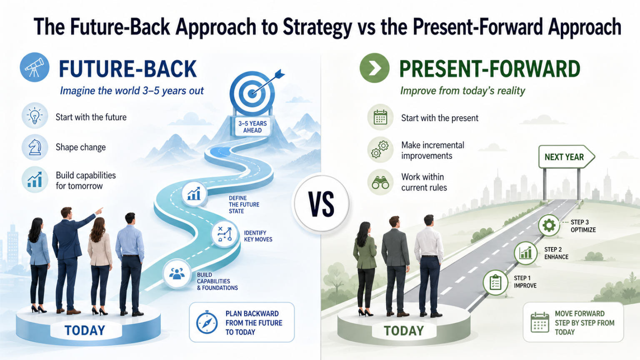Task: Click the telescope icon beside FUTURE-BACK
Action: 35,67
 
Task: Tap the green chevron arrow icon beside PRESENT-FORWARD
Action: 374,68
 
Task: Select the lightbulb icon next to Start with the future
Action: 35,115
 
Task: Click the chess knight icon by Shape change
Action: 35,147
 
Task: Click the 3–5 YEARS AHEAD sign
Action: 252,127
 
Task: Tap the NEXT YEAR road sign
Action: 566,157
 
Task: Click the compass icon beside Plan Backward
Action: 207,322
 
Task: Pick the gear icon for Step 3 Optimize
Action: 549,225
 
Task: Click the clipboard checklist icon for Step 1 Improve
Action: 495,282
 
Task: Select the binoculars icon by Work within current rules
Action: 380,182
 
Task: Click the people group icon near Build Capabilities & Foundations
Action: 177,273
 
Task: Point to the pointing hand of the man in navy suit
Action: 99,211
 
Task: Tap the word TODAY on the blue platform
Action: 85,330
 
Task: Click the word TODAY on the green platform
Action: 404,331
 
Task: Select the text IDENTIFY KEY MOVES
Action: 258,236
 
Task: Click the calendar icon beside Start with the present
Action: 380,117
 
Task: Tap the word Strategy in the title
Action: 317,27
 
